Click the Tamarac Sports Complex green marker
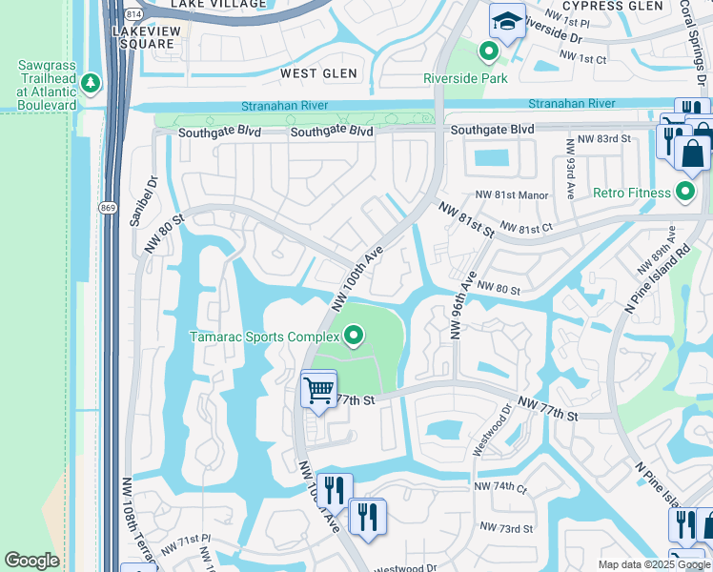[x=355, y=336]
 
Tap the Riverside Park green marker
[x=489, y=51]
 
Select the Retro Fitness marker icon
[x=685, y=194]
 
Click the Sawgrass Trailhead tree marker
[x=92, y=83]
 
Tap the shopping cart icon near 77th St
[x=317, y=389]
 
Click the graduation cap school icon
[x=507, y=22]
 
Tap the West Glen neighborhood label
[x=318, y=73]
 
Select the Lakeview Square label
[x=142, y=37]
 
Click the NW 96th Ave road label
[x=462, y=304]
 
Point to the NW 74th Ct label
[x=500, y=487]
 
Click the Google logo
[x=31, y=561]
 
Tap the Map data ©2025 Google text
[x=653, y=564]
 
